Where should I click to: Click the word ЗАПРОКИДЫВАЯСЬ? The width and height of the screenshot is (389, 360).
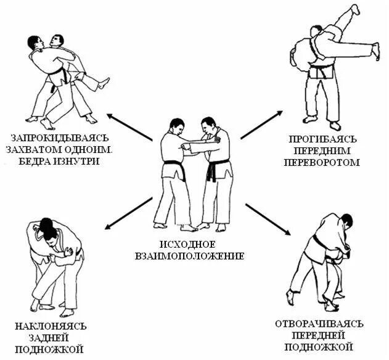click(x=59, y=136)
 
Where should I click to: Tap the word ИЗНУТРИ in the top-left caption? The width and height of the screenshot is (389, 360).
click(x=83, y=161)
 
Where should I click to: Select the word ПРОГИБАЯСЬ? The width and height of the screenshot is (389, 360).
click(x=322, y=138)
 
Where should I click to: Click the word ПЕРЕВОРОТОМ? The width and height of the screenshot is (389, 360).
click(x=322, y=163)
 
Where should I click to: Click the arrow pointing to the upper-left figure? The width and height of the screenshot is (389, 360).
click(x=129, y=126)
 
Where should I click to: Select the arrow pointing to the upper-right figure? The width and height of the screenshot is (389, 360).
click(x=261, y=125)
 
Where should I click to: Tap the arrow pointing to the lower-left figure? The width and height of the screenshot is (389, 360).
click(x=129, y=211)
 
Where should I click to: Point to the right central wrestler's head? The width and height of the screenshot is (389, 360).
click(x=209, y=125)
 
